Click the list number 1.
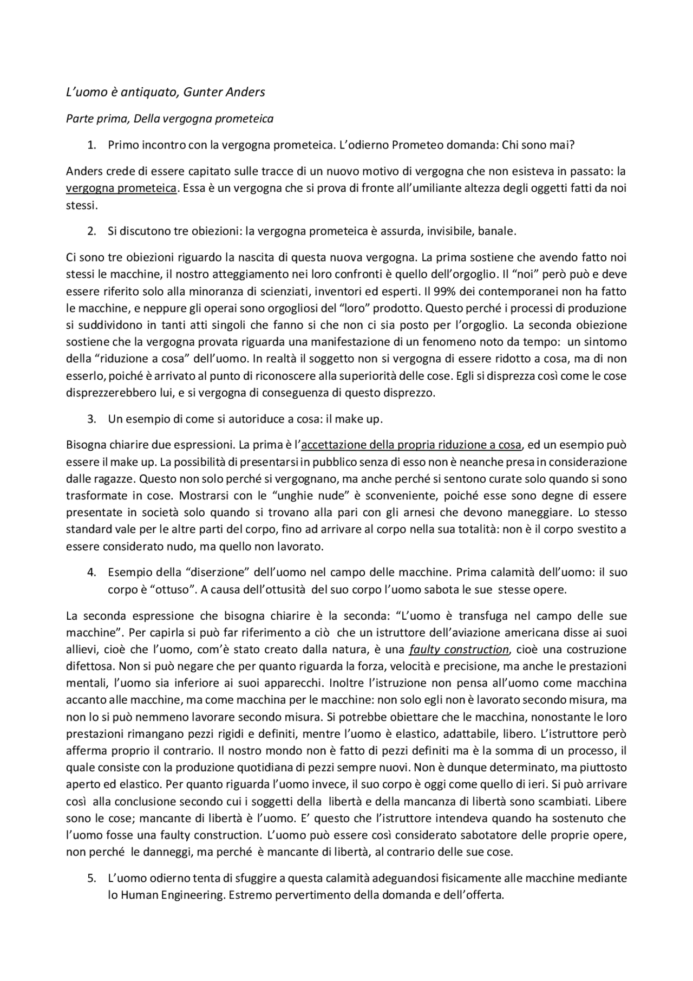coord(91,145)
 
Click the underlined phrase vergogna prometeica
coord(121,189)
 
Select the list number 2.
coord(91,231)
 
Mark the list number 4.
coord(91,573)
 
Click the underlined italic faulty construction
coord(459,649)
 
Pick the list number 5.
coord(91,878)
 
